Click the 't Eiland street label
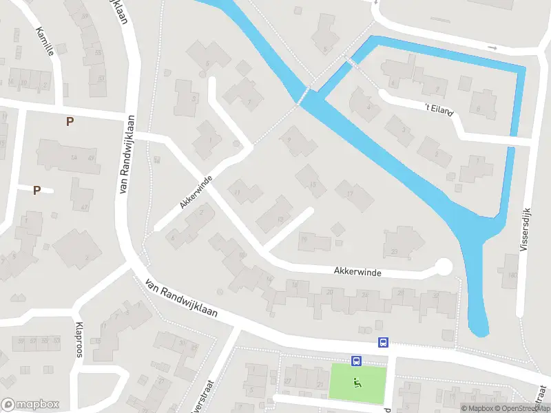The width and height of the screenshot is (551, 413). (x=439, y=109)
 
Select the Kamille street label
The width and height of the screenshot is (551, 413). (x=45, y=41)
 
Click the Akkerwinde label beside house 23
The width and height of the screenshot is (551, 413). (x=357, y=273)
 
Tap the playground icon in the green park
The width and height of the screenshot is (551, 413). (x=357, y=383)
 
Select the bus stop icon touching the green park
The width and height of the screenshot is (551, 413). (x=356, y=361)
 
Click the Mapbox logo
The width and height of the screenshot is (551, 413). (x=30, y=405)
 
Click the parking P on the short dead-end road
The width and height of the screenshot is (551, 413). (x=37, y=190)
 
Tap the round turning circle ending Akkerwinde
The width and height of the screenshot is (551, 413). (x=444, y=266)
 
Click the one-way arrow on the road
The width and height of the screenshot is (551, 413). (x=492, y=47)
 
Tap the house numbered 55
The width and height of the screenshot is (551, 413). (x=96, y=52)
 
